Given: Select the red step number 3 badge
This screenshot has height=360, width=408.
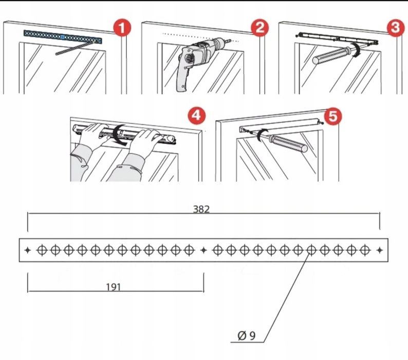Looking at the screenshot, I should (394, 29).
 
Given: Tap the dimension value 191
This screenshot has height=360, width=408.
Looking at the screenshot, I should (114, 287).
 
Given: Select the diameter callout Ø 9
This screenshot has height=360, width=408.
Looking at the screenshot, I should (247, 336).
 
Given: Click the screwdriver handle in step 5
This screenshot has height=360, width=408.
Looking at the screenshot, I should (291, 142).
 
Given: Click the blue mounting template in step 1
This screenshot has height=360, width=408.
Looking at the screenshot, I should (63, 37).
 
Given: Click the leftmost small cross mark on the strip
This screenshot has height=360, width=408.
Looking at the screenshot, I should (28, 250).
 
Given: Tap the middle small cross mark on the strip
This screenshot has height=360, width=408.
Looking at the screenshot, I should (203, 250).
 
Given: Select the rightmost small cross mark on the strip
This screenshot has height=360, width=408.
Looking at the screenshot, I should (379, 250).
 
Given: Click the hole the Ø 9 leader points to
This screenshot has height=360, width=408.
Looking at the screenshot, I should (311, 250).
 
